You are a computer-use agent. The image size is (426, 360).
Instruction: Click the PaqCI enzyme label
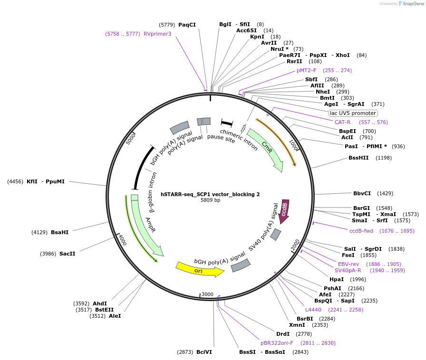tap(187, 24)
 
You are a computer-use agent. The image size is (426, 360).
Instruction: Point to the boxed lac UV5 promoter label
tap(353, 113)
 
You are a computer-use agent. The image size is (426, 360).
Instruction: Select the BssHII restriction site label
tap(358, 157)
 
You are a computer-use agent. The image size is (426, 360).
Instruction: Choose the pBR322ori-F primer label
tap(277, 342)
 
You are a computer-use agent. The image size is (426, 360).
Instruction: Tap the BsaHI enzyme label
tap(60, 232)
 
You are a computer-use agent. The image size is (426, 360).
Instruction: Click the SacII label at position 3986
tap(67, 254)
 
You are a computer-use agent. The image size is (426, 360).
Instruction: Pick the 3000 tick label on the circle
tap(207, 294)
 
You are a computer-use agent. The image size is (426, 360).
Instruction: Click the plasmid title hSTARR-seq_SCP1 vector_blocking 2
tap(210, 194)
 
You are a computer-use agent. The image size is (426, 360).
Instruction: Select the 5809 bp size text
tap(210, 200)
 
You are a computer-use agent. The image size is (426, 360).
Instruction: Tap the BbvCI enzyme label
tap(362, 193)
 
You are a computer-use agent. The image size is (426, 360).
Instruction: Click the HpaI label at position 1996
tap(337, 279)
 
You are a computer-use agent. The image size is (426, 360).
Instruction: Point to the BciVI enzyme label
tap(204, 352)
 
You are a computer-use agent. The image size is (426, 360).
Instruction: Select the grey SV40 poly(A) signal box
tap(276, 234)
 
